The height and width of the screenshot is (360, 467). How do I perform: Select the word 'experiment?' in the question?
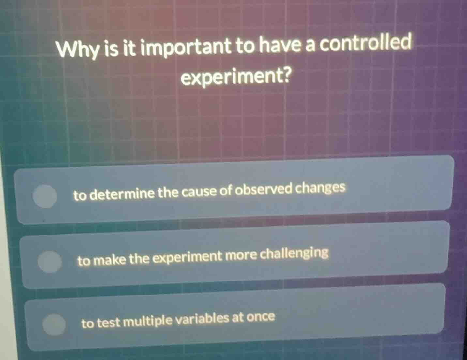236,77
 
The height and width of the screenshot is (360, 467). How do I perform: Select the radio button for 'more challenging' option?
50,261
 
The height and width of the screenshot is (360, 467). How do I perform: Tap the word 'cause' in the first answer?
199,192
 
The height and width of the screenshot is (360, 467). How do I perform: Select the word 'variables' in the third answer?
203,319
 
